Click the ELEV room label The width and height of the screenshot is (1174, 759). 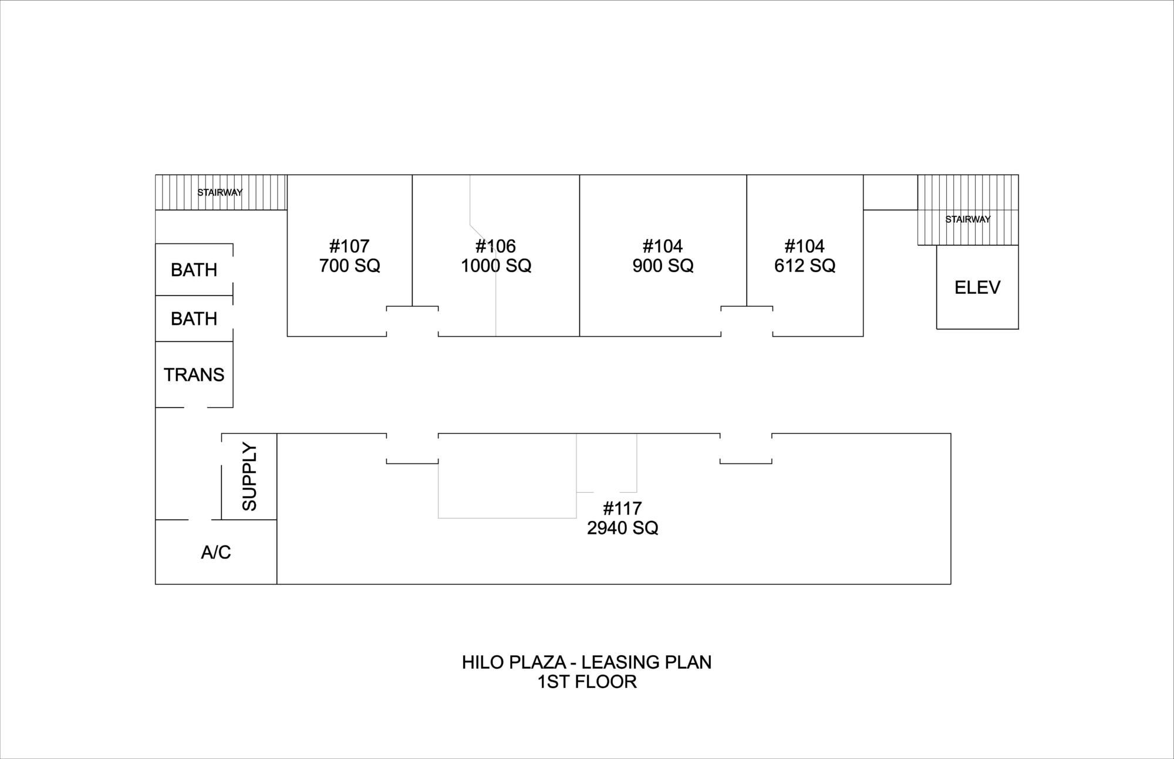pos(977,287)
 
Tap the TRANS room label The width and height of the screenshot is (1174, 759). pos(194,375)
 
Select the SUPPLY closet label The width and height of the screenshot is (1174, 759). pos(249,477)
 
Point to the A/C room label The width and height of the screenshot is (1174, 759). pos(216,552)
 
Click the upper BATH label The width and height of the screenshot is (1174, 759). pos(194,270)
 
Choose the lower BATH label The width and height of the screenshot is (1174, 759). pos(194,318)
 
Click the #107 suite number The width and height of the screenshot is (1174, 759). pos(349,246)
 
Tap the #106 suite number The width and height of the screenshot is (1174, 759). pos(496,246)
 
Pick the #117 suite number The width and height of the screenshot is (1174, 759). pos(622,508)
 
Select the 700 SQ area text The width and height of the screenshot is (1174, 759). pos(350,266)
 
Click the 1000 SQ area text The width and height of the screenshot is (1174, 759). pos(496,266)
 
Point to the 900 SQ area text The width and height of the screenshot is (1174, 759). pos(663,266)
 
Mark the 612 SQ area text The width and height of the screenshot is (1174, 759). pos(805,266)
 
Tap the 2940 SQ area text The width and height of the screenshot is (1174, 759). pos(623,528)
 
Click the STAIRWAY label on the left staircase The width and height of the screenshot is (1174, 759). pos(220,192)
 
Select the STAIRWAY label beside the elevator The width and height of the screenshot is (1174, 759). pos(968,219)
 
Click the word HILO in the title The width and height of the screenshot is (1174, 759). pos(483,662)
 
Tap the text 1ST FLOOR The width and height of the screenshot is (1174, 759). pos(588,682)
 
